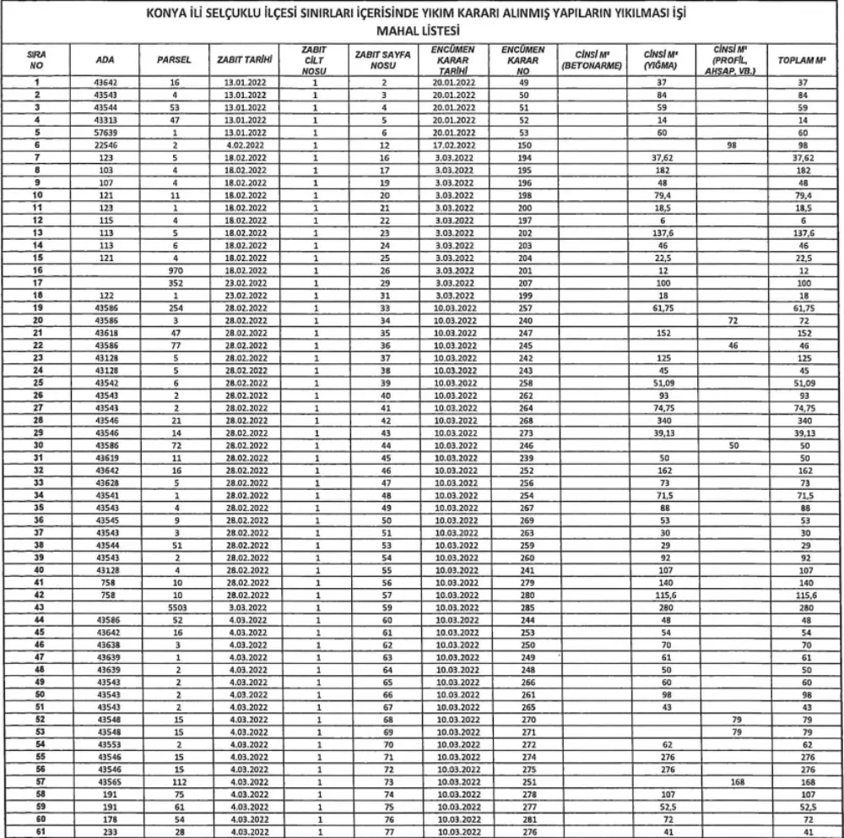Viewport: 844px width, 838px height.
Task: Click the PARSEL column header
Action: (174, 61)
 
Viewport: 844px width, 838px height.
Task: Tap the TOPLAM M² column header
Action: (803, 61)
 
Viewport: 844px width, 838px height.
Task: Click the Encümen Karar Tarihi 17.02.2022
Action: (456, 145)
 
